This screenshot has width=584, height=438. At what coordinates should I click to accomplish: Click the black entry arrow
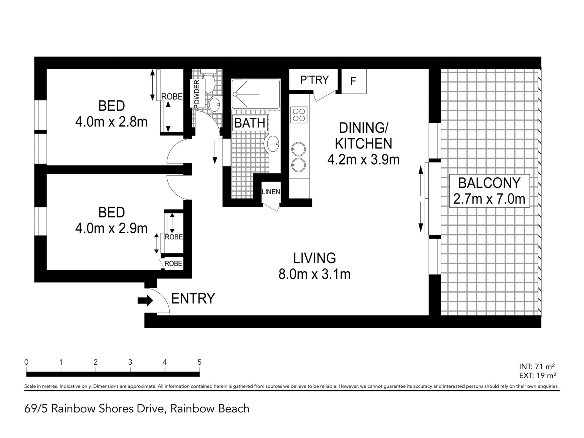click(145, 301)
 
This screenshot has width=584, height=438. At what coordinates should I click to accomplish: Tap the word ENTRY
click(193, 299)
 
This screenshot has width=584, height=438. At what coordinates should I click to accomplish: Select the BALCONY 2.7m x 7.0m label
click(489, 191)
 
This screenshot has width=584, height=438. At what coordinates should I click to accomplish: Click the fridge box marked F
click(354, 81)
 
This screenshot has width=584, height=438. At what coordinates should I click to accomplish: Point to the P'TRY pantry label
click(315, 80)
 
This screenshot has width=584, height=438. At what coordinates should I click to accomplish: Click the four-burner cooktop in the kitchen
click(299, 115)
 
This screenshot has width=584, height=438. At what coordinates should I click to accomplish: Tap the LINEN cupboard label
click(271, 192)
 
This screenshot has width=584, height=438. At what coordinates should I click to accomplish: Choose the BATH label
click(250, 123)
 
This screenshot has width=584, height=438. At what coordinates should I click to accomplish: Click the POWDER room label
click(196, 94)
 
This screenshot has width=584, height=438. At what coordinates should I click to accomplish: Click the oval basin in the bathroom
click(273, 144)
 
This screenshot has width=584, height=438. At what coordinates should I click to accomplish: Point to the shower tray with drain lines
click(256, 94)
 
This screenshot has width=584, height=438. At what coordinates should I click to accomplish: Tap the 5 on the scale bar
click(200, 362)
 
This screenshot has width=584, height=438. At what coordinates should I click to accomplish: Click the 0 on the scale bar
click(26, 362)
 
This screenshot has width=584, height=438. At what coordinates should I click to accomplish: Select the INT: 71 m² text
click(537, 367)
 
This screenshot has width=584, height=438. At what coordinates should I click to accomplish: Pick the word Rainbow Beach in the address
click(210, 408)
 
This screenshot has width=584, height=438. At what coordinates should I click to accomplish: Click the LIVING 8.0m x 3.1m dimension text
click(315, 266)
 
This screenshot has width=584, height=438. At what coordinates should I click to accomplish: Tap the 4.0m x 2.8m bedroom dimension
click(111, 122)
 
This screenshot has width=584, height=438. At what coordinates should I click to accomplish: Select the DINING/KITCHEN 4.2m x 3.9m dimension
click(363, 144)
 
